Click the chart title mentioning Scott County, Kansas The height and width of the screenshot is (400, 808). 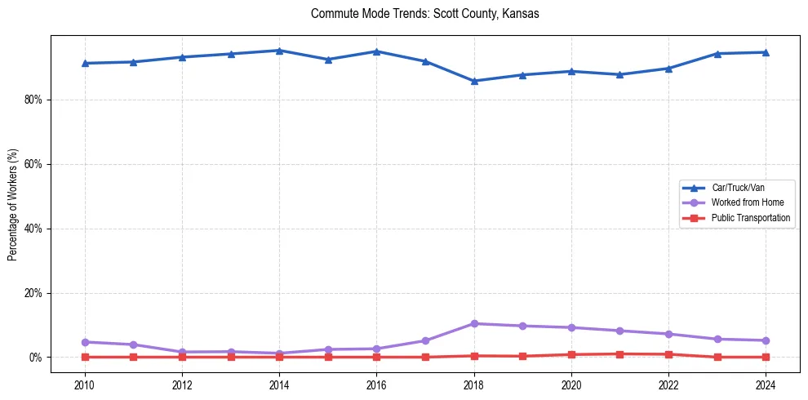click(x=424, y=14)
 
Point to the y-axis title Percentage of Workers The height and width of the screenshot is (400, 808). click(x=12, y=205)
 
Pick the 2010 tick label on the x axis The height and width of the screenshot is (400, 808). click(x=84, y=385)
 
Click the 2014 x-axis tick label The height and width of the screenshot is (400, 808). click(x=279, y=385)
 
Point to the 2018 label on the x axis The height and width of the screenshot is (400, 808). click(x=474, y=385)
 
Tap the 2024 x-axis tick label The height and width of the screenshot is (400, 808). click(x=766, y=385)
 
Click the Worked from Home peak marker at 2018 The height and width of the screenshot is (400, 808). click(x=474, y=323)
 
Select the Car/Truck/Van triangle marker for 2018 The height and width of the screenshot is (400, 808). click(x=474, y=81)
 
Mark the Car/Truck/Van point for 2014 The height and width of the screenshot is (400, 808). click(x=279, y=51)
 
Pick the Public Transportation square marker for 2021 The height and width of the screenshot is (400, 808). click(x=620, y=354)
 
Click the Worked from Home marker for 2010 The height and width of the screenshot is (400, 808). click(x=84, y=342)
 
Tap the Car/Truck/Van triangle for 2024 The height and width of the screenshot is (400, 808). click(x=766, y=52)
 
